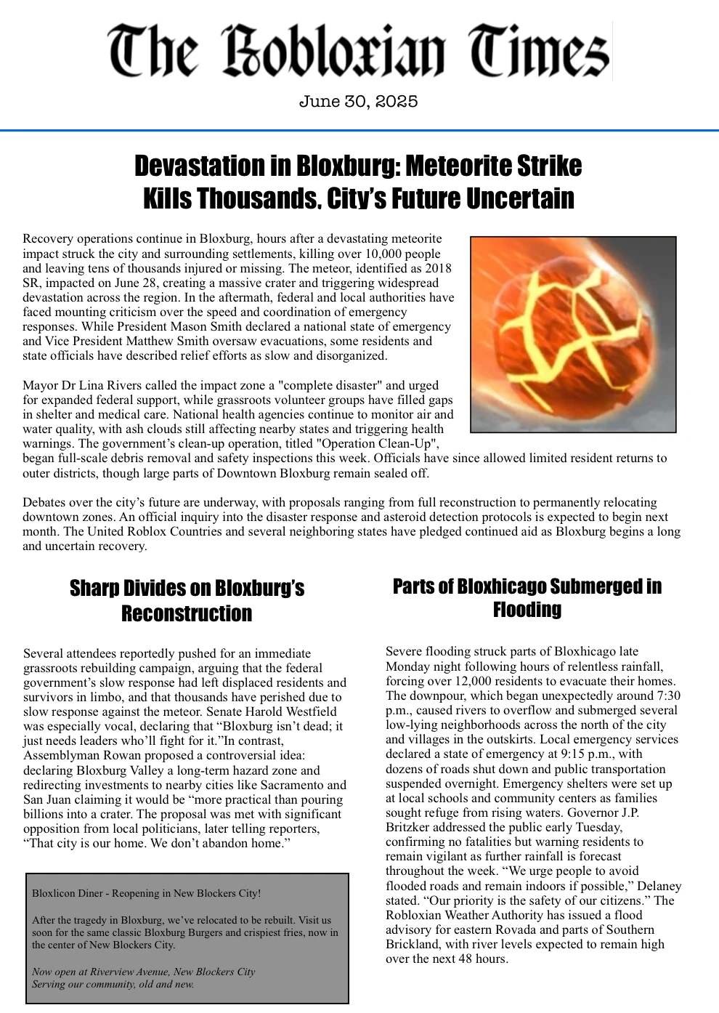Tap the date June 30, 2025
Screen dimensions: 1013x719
click(x=358, y=102)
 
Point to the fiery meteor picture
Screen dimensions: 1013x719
click(x=573, y=334)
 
